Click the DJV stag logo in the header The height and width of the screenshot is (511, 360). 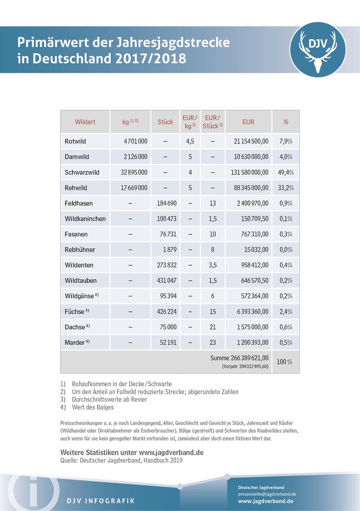coord(317,49)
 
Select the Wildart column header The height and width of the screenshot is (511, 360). coord(85,122)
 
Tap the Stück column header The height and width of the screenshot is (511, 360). coord(165,122)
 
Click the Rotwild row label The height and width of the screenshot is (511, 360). coord(75,141)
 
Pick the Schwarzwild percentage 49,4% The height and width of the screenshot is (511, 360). coord(286,172)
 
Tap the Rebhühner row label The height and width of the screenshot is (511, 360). coord(80,250)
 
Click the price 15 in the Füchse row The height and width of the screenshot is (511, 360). coord(213,312)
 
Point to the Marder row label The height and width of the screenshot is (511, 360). coord(75,342)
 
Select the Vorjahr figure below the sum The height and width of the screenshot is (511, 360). coord(245,366)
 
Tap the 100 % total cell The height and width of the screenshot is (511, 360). coord(285,362)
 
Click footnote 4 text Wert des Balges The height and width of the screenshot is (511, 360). coord(93,407)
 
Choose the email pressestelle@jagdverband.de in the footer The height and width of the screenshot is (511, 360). coord(267,494)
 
